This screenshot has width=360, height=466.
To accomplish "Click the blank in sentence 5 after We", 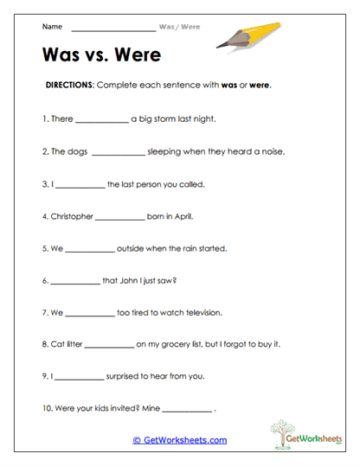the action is click(x=89, y=250).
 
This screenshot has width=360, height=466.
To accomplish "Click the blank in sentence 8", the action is click(x=109, y=346).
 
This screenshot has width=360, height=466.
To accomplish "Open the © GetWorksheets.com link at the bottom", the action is click(x=179, y=440).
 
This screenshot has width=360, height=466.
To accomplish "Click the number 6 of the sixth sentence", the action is click(x=43, y=280).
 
